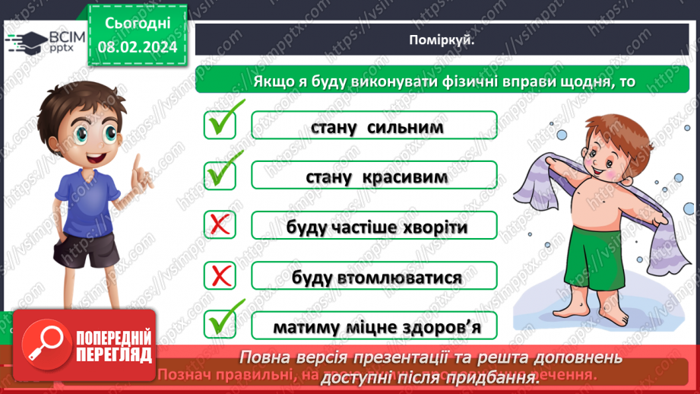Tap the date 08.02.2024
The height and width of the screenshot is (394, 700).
[x=137, y=46]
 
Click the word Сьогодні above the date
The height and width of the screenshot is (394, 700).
[x=137, y=24]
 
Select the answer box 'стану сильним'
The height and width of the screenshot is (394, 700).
[x=374, y=126]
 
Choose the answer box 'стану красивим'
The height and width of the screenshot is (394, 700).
[x=374, y=176]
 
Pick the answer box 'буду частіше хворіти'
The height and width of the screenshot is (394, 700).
[x=374, y=227]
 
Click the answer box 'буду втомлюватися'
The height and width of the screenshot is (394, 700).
[x=374, y=277]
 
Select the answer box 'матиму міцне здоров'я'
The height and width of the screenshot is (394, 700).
[x=374, y=327]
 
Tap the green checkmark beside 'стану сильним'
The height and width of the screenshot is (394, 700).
[x=221, y=122]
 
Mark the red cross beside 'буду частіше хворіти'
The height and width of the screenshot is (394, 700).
[x=220, y=225]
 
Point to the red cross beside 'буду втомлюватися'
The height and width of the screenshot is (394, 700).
[x=220, y=275]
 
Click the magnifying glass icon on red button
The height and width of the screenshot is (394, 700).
[x=43, y=345]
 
